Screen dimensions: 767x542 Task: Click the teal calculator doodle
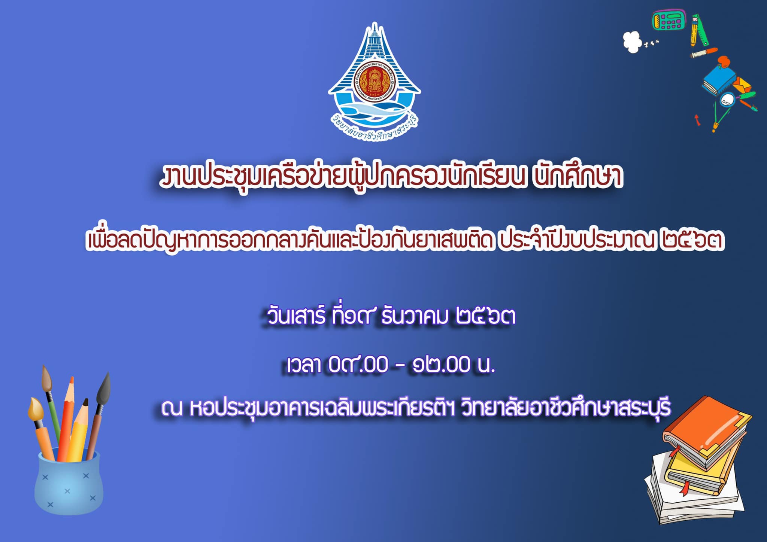pos(669,20)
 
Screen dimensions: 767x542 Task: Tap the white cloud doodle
pos(633,42)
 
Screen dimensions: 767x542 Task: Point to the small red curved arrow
pos(697,120)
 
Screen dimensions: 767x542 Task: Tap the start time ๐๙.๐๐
pos(358,365)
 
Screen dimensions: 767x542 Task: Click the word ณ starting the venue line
pos(172,408)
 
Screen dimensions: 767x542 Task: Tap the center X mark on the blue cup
pos(67,491)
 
